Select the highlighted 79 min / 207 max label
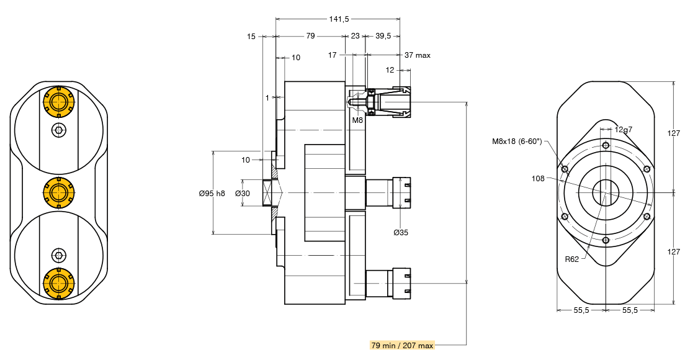coord(402,346)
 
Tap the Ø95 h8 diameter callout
coord(212,193)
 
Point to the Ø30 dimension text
coord(243,193)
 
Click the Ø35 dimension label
coord(401,232)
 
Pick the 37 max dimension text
coord(417,55)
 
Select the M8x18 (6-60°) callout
coord(517,141)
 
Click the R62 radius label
coord(572,259)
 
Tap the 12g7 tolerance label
coord(624,129)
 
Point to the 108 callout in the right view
coord(538,178)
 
